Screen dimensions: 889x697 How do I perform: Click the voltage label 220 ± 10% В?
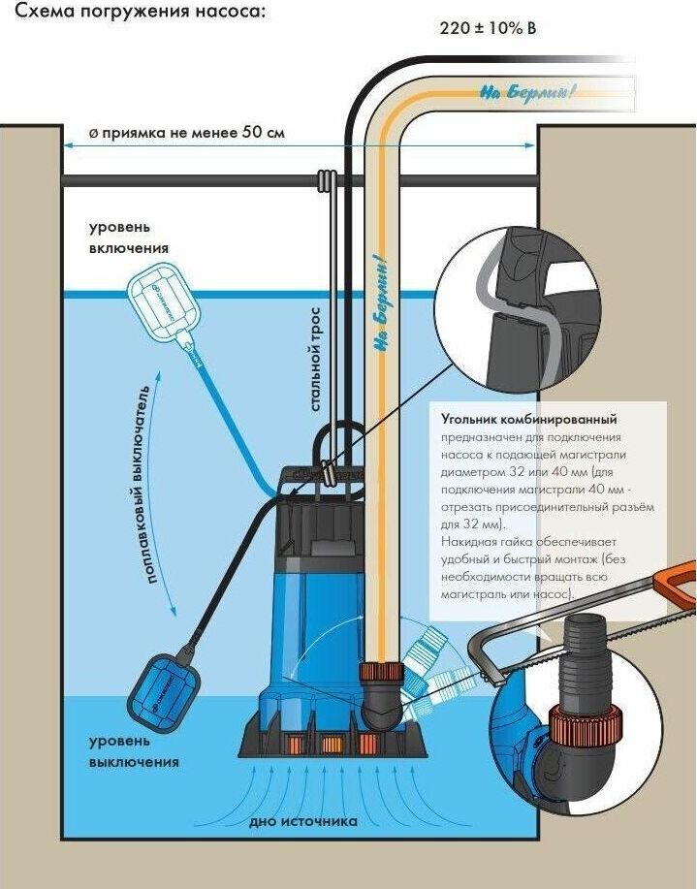488,29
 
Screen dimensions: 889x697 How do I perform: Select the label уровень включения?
129,238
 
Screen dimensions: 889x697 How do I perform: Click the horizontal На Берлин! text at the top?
527,93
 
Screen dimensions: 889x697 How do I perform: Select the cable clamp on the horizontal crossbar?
326,180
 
